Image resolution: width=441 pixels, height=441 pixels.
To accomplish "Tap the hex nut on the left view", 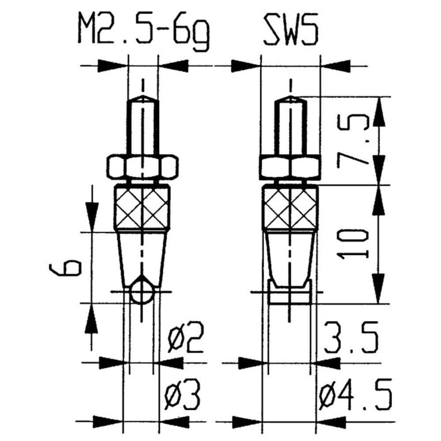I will pos(142,167).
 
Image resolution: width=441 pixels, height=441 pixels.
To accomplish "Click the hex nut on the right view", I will pos(289,167).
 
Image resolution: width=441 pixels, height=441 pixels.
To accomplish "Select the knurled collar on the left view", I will pos(142,206).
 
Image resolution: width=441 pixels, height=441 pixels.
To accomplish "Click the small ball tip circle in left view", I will pos(142,293).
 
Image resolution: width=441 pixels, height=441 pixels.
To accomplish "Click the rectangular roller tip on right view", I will pos(290,294).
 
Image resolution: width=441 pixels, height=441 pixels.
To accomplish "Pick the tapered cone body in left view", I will pos(142,256).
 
